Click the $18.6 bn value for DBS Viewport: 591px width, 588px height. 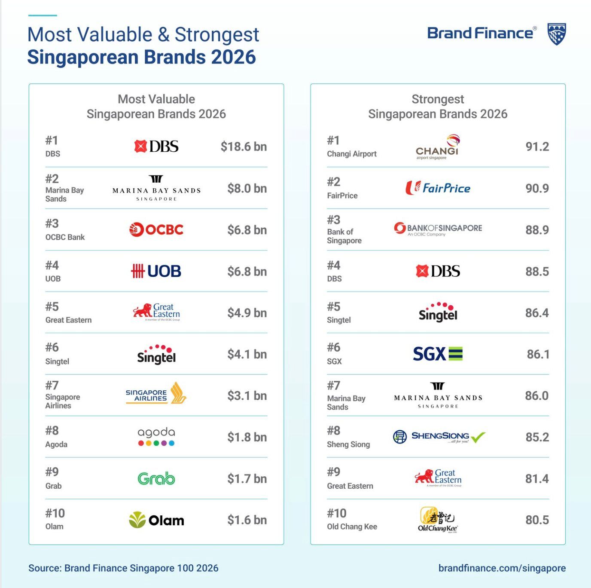pos(244,147)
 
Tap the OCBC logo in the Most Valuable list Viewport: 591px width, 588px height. pos(156,230)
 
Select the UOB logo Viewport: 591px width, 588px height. pos(156,271)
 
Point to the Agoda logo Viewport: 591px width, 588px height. pos(156,437)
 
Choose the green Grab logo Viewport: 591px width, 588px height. pos(156,478)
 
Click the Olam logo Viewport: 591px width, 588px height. pos(156,520)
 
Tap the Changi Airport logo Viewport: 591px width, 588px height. pos(438,147)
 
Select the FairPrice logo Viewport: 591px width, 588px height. pos(438,188)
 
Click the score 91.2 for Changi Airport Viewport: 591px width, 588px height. pos(537,147)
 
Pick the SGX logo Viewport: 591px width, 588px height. pos(438,354)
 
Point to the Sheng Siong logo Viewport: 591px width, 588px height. pos(439,437)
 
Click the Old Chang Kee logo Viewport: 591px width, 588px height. pos(438,520)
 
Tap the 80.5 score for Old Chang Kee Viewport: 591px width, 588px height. pos(537,520)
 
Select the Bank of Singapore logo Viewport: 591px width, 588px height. pos(438,229)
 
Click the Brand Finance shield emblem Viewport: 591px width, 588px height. pos(557,34)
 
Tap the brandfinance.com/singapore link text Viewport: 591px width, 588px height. pos(502,568)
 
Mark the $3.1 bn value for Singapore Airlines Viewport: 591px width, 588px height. pos(247,395)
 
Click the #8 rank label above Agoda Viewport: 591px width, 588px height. pos(52,431)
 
